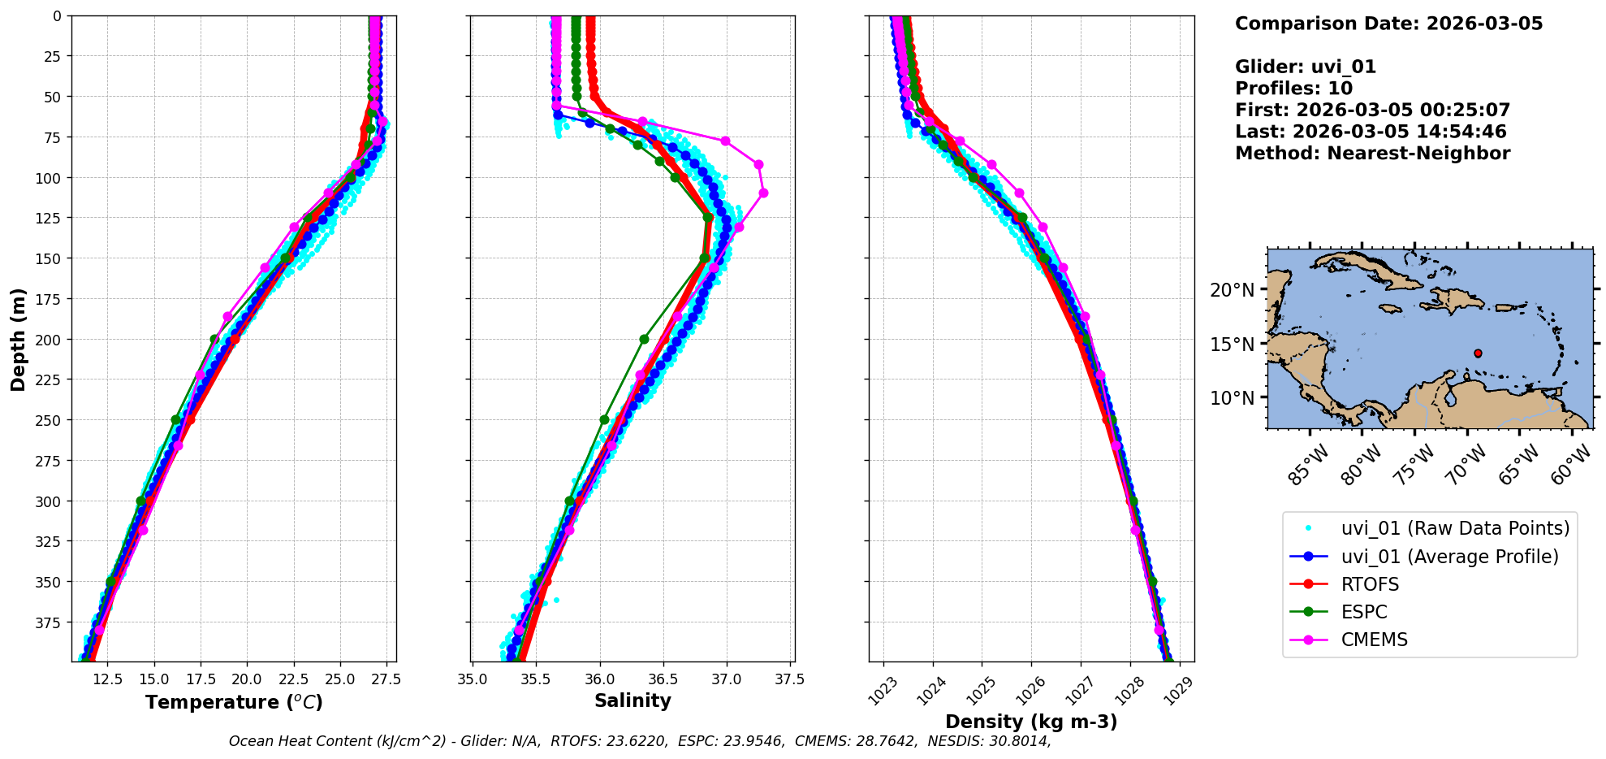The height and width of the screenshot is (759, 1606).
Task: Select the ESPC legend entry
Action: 1364,612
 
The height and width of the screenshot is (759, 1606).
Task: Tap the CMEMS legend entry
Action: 1374,640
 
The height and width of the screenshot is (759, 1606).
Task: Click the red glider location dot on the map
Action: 1478,353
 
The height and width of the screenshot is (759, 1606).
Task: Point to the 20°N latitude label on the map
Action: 1232,290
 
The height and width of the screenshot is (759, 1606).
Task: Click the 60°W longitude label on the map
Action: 1570,466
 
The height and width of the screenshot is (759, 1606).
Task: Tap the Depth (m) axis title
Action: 18,339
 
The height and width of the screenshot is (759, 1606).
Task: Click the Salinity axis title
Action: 632,700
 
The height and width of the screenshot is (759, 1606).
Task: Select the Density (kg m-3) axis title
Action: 1031,722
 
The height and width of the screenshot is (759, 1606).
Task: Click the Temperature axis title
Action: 234,702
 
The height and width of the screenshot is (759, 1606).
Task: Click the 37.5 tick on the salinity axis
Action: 789,679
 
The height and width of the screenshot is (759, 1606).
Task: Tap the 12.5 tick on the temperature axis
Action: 108,679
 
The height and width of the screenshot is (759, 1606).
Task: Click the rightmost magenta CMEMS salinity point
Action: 763,193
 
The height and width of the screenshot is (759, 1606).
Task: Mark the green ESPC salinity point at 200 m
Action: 644,339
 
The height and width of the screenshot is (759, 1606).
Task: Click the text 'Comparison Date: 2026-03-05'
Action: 1388,24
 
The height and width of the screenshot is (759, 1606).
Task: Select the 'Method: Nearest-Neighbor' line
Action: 1372,154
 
